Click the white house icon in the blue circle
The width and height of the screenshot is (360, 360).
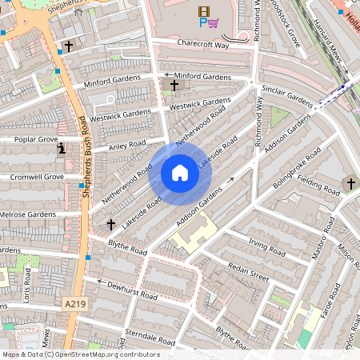point(180,173)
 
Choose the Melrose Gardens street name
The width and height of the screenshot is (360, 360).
point(27,214)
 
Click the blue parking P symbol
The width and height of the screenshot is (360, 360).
point(202,23)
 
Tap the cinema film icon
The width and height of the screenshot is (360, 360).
point(203,11)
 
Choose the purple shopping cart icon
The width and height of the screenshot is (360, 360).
point(213,23)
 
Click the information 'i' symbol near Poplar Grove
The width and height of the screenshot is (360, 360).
point(62,149)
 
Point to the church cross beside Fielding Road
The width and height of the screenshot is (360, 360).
point(350,184)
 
